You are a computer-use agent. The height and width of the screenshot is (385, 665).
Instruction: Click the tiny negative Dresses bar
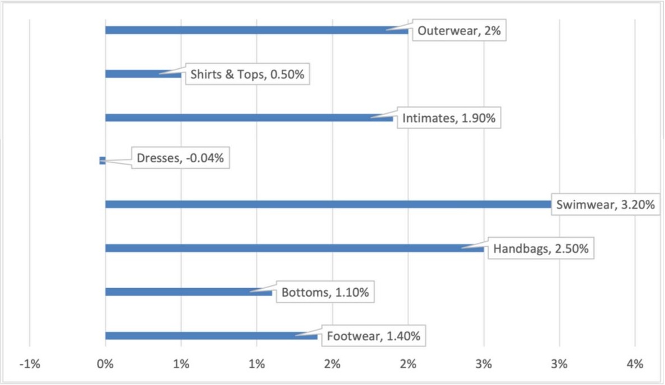pyautogui.click(x=102, y=161)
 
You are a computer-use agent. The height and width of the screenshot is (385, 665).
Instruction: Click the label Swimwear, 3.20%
pyautogui.click(x=606, y=205)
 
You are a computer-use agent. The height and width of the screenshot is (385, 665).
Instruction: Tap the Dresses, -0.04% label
pyautogui.click(x=180, y=158)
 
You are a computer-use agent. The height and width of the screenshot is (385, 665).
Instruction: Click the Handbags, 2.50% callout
pyautogui.click(x=541, y=249)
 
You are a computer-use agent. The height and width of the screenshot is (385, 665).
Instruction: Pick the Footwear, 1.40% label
pyautogui.click(x=373, y=336)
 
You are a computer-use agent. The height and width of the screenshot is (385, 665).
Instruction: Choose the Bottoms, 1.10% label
pyautogui.click(x=325, y=293)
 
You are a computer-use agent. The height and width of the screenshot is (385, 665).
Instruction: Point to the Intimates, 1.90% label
pyautogui.click(x=449, y=119)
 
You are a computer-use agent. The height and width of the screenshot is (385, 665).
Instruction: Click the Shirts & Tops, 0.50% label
pyautogui.click(x=247, y=74)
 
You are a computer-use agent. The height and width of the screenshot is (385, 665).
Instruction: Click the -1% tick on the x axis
pyautogui.click(x=29, y=364)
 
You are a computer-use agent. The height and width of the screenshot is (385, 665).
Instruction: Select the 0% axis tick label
pyautogui.click(x=105, y=364)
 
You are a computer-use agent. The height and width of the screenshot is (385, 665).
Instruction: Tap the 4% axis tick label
pyautogui.click(x=635, y=364)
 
